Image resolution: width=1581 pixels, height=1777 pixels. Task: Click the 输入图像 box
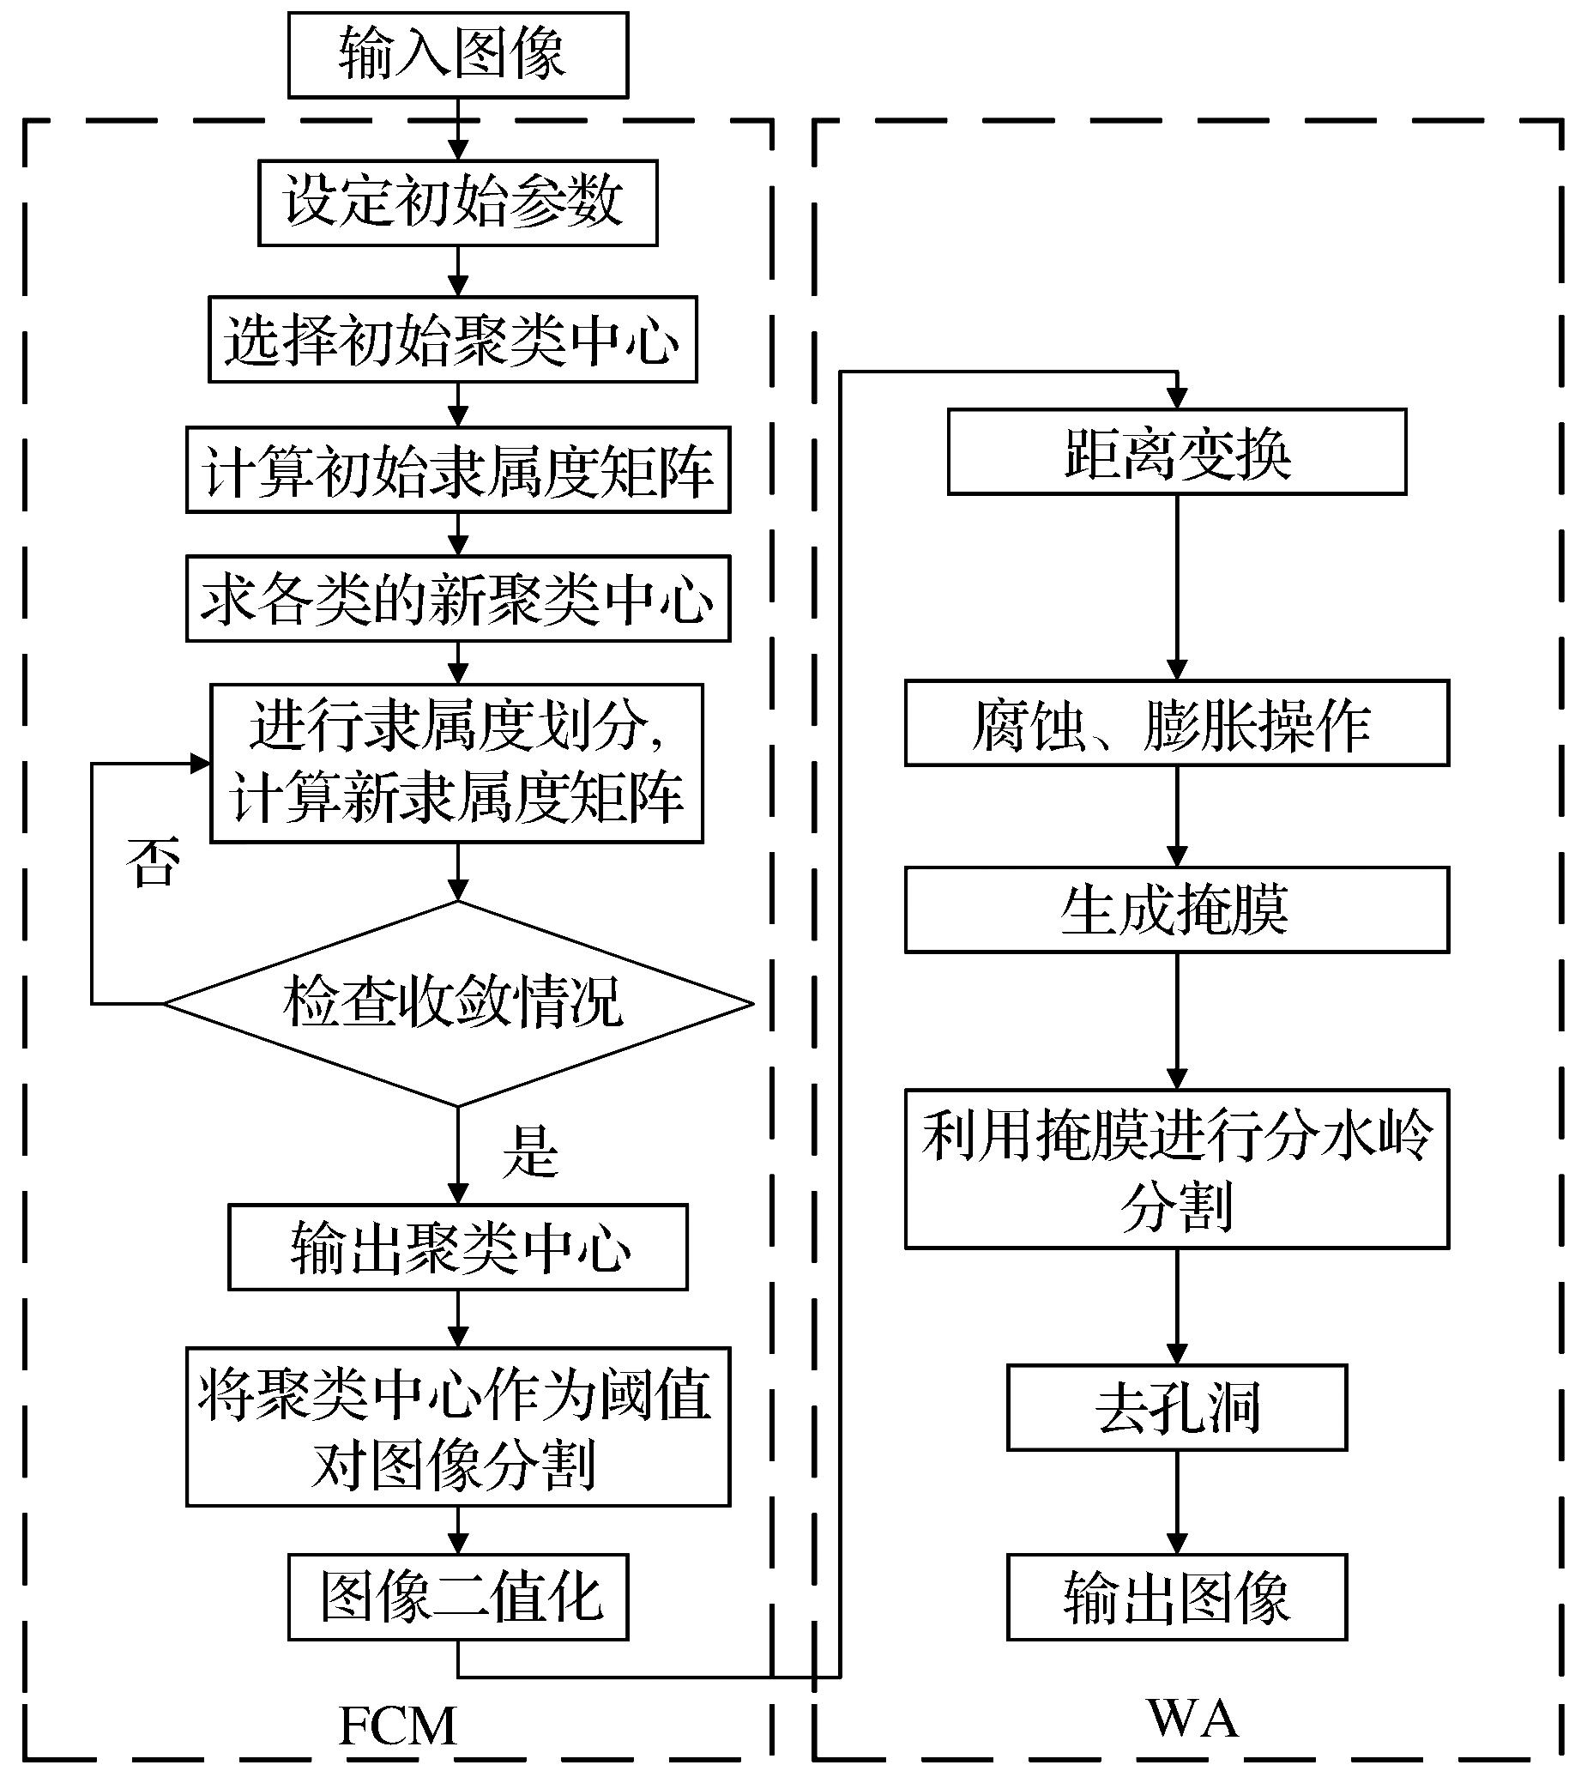(457, 54)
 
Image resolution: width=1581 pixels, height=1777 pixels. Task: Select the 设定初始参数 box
(457, 202)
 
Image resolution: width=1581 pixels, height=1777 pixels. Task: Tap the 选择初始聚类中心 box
(452, 339)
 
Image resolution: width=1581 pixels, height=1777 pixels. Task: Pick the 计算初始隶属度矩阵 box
(457, 469)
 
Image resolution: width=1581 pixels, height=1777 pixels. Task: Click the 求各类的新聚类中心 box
(457, 599)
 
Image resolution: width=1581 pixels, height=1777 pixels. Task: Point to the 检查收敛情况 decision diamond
(457, 1003)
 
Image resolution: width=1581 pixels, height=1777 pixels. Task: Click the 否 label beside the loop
(153, 862)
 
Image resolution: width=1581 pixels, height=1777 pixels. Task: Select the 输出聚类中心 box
(457, 1247)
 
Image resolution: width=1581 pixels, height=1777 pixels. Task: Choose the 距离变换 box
(1176, 452)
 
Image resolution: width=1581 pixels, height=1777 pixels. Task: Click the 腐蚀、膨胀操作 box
(1176, 723)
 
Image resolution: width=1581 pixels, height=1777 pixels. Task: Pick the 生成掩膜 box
(1176, 910)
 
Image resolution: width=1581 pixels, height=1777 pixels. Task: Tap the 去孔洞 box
(1176, 1406)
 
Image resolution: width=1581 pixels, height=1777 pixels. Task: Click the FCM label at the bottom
(397, 1726)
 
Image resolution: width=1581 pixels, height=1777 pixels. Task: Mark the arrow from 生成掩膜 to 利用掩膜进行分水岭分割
(1177, 1021)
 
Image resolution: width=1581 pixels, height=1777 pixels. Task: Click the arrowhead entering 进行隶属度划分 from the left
(201, 764)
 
